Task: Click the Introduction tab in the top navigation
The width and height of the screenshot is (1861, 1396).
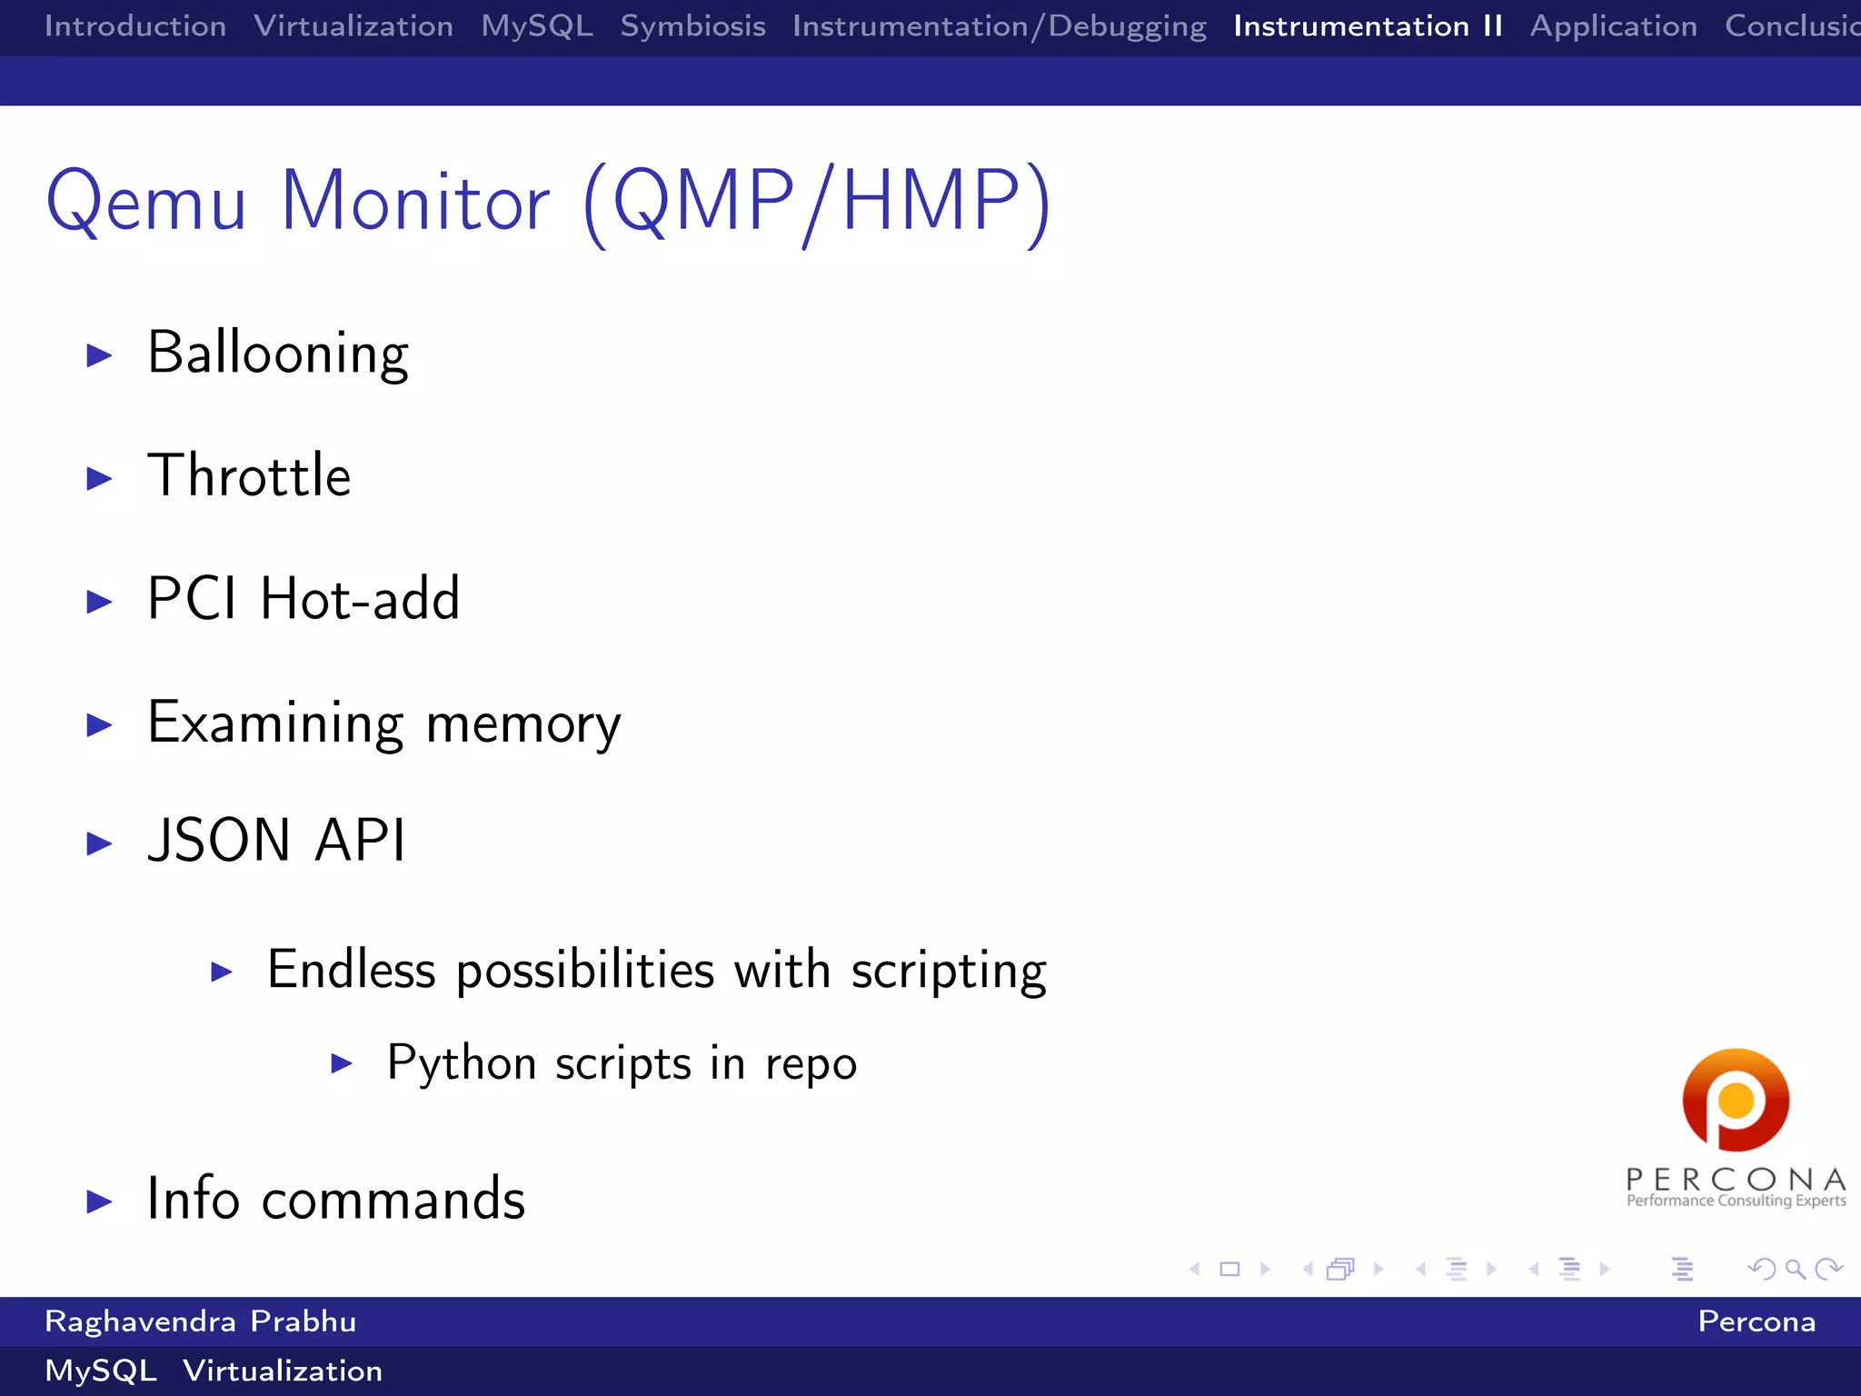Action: tap(134, 25)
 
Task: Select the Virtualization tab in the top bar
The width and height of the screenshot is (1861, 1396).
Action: tap(353, 25)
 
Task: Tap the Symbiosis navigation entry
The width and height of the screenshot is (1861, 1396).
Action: tap(692, 25)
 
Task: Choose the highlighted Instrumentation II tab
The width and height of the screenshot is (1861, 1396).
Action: tap(1368, 25)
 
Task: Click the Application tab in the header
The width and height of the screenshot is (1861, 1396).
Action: tap(1613, 25)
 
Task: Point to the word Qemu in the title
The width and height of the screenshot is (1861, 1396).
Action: tap(146, 202)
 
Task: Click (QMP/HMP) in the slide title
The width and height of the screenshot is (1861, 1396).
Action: tap(816, 202)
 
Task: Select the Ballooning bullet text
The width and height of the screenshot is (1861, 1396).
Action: tap(277, 353)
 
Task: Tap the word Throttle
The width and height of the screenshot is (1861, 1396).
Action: tap(249, 475)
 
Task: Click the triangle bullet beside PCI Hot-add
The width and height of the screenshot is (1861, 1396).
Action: tap(99, 601)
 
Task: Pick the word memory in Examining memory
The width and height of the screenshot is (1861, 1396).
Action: tap(522, 724)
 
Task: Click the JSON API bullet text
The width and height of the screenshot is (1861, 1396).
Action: tap(276, 840)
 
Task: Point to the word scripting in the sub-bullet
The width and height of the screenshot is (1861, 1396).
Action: tap(948, 971)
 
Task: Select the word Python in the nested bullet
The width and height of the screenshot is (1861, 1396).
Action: tap(461, 1063)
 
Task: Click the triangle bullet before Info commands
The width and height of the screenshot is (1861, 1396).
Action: tap(99, 1202)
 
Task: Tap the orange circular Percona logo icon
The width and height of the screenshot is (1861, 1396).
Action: tap(1736, 1100)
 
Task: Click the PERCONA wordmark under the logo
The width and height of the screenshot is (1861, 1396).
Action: tap(1736, 1180)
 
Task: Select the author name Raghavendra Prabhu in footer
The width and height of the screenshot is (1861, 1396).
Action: tap(200, 1321)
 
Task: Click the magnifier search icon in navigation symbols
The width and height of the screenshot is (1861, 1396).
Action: tap(1795, 1269)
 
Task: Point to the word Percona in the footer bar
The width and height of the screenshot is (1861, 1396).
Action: tap(1757, 1321)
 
